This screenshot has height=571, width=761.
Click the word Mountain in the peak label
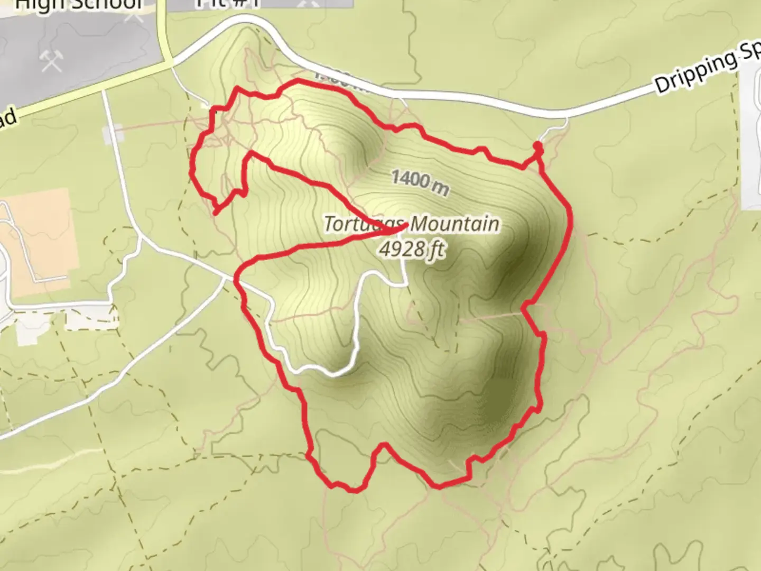point(454,224)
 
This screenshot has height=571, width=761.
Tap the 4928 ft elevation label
point(412,248)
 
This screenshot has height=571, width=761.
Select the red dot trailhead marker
point(537,146)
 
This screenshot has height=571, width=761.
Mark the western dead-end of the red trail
point(215,213)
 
